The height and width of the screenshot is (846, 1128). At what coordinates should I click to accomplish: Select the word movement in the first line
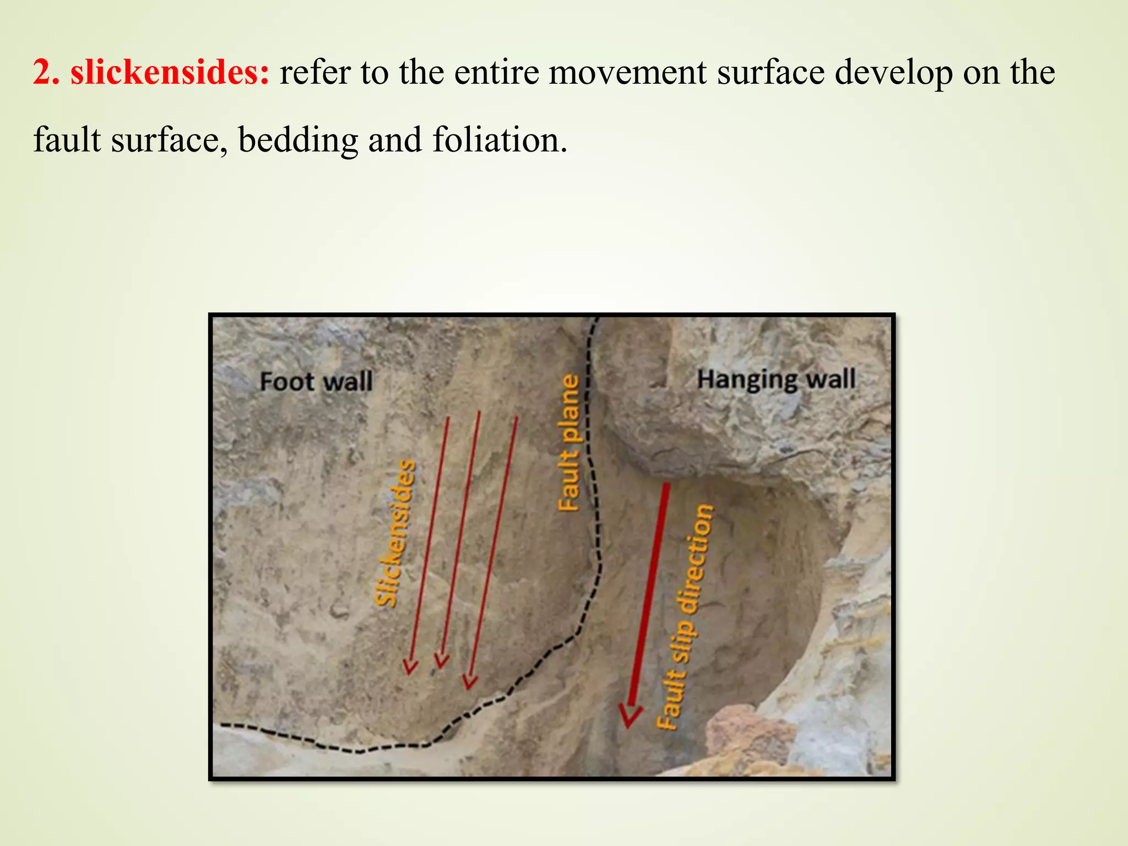click(627, 72)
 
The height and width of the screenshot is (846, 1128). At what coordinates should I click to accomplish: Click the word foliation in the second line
click(500, 140)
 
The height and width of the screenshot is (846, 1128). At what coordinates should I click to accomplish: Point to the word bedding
click(298, 140)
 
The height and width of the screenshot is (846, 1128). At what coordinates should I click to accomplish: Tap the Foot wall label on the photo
click(316, 382)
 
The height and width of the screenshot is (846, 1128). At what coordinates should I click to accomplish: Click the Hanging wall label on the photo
click(777, 379)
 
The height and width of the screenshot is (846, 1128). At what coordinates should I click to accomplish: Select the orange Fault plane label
click(570, 443)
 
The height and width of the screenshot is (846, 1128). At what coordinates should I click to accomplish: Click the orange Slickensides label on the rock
click(395, 533)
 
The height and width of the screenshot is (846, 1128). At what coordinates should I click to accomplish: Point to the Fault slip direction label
click(685, 617)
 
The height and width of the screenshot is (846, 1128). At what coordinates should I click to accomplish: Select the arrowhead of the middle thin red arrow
click(441, 660)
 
